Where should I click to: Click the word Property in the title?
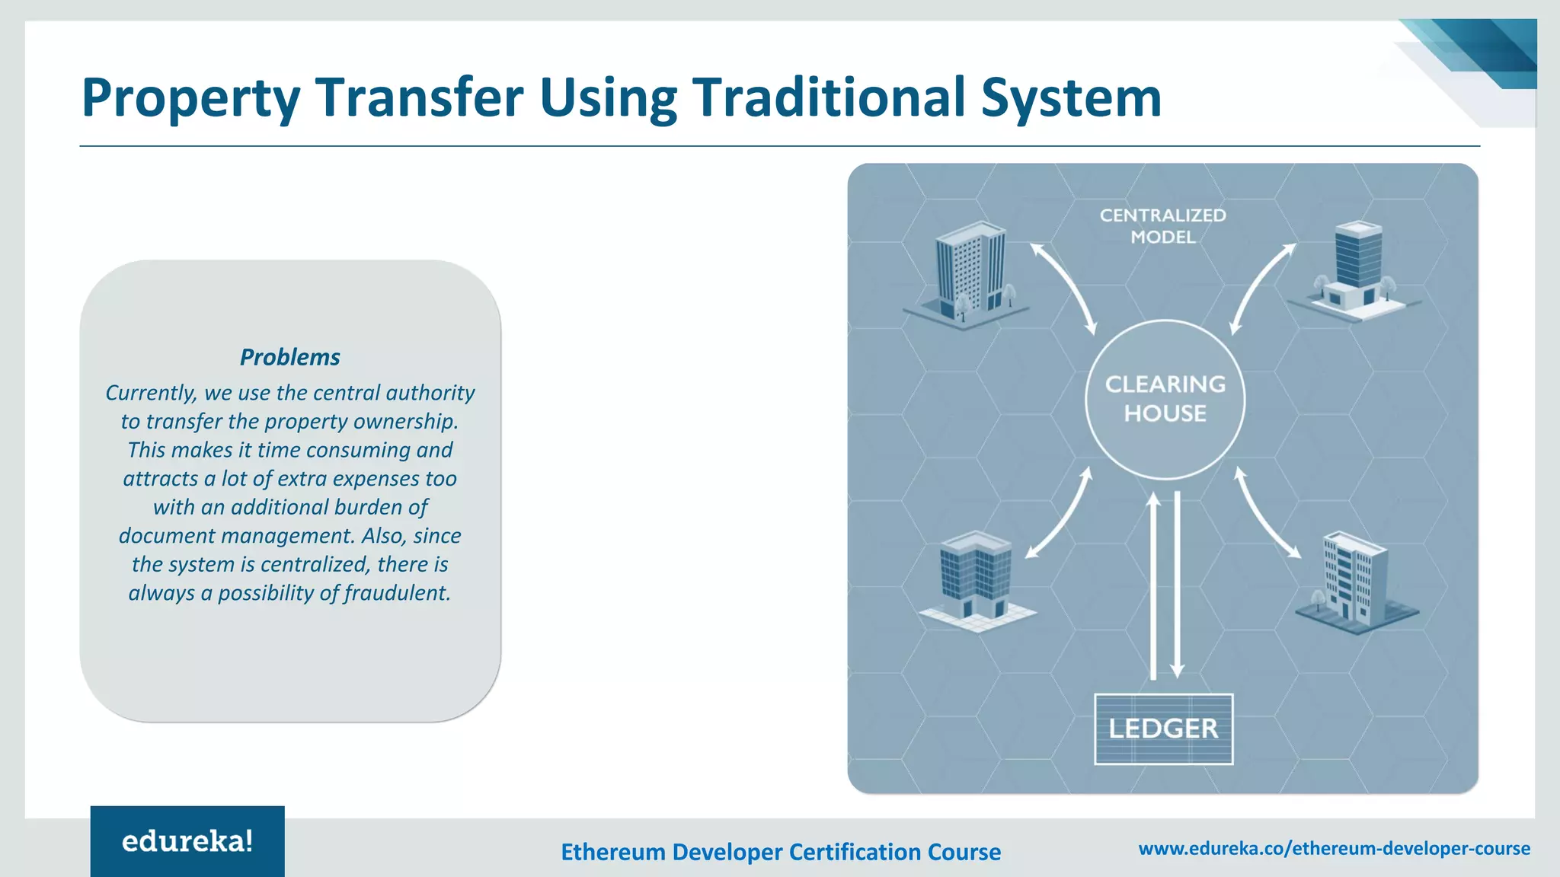click(x=190, y=99)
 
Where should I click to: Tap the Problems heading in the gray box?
click(x=289, y=357)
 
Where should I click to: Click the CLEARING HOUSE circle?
click(x=1165, y=400)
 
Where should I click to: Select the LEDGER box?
click(x=1163, y=729)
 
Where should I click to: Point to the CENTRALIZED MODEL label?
click(x=1162, y=226)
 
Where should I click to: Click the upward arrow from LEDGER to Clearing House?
click(x=1153, y=586)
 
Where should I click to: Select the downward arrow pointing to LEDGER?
click(x=1177, y=586)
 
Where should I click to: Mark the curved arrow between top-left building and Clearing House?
click(x=1064, y=288)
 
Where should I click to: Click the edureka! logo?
click(x=187, y=841)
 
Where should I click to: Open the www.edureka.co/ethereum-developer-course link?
click(x=1334, y=848)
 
